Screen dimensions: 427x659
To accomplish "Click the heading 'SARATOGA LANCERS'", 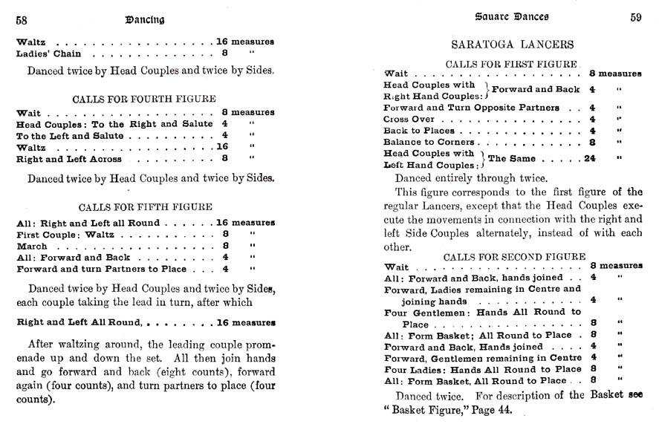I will coord(513,45).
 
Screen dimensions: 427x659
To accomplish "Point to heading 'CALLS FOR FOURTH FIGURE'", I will coord(144,98).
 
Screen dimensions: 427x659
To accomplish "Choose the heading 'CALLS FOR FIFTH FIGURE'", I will coord(144,206).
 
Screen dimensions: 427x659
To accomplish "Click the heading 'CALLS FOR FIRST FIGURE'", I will coord(512,64).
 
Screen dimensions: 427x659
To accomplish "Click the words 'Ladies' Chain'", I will coord(49,53).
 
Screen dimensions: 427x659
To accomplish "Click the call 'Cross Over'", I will coord(410,119).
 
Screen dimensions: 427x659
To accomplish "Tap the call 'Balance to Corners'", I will coord(429,142).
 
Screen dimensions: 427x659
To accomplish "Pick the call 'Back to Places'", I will coord(418,130).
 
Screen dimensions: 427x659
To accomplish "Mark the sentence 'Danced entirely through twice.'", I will coord(471,178).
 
